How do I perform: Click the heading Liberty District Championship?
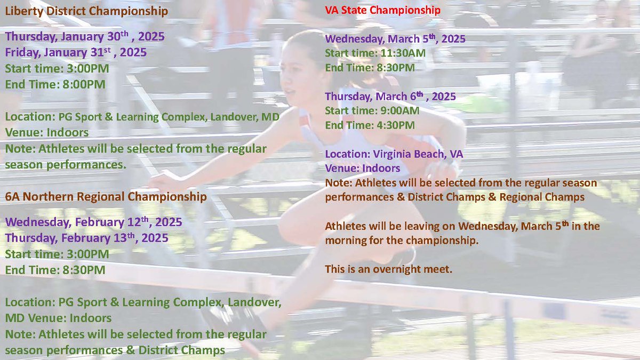[87, 11]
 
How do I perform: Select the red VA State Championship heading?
[382, 10]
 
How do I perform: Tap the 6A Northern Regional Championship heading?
[106, 197]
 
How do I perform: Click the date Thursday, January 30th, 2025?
[85, 38]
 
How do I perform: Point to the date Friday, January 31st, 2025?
[76, 53]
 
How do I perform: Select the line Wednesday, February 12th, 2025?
[94, 222]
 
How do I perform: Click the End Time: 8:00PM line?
[55, 84]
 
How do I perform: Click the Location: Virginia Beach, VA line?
[394, 154]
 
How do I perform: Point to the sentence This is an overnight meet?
[388, 270]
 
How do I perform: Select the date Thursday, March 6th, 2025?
[390, 97]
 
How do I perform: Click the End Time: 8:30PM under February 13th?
[55, 270]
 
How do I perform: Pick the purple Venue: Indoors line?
[363, 169]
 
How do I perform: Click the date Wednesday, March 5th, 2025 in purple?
[395, 39]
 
